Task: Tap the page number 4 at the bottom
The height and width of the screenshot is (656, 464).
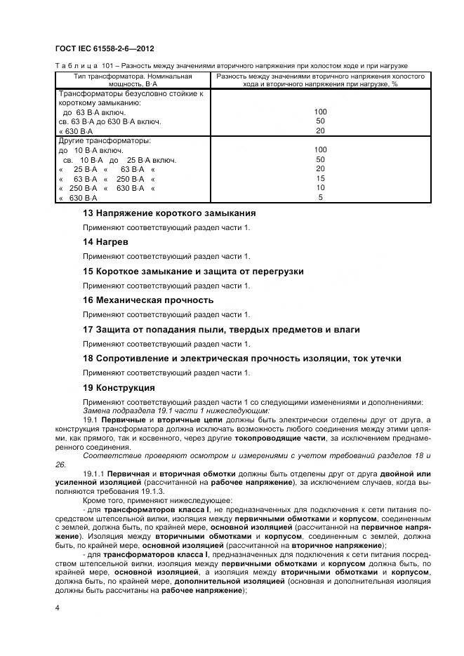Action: pyautogui.click(x=57, y=608)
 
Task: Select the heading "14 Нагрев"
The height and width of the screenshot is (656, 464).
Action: pyautogui.click(x=105, y=241)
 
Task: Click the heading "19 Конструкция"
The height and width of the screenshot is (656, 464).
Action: pyautogui.click(x=119, y=387)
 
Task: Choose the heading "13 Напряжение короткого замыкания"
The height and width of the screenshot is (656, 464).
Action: pyautogui.click(x=168, y=213)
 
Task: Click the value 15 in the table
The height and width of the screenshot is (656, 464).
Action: pyautogui.click(x=320, y=178)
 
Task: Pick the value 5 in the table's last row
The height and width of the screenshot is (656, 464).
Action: pyautogui.click(x=320, y=198)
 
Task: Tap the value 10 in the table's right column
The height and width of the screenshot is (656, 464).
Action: pyautogui.click(x=320, y=188)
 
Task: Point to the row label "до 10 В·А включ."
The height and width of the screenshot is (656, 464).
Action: pyautogui.click(x=91, y=150)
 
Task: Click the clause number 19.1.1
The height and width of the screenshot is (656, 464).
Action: pyautogui.click(x=95, y=475)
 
